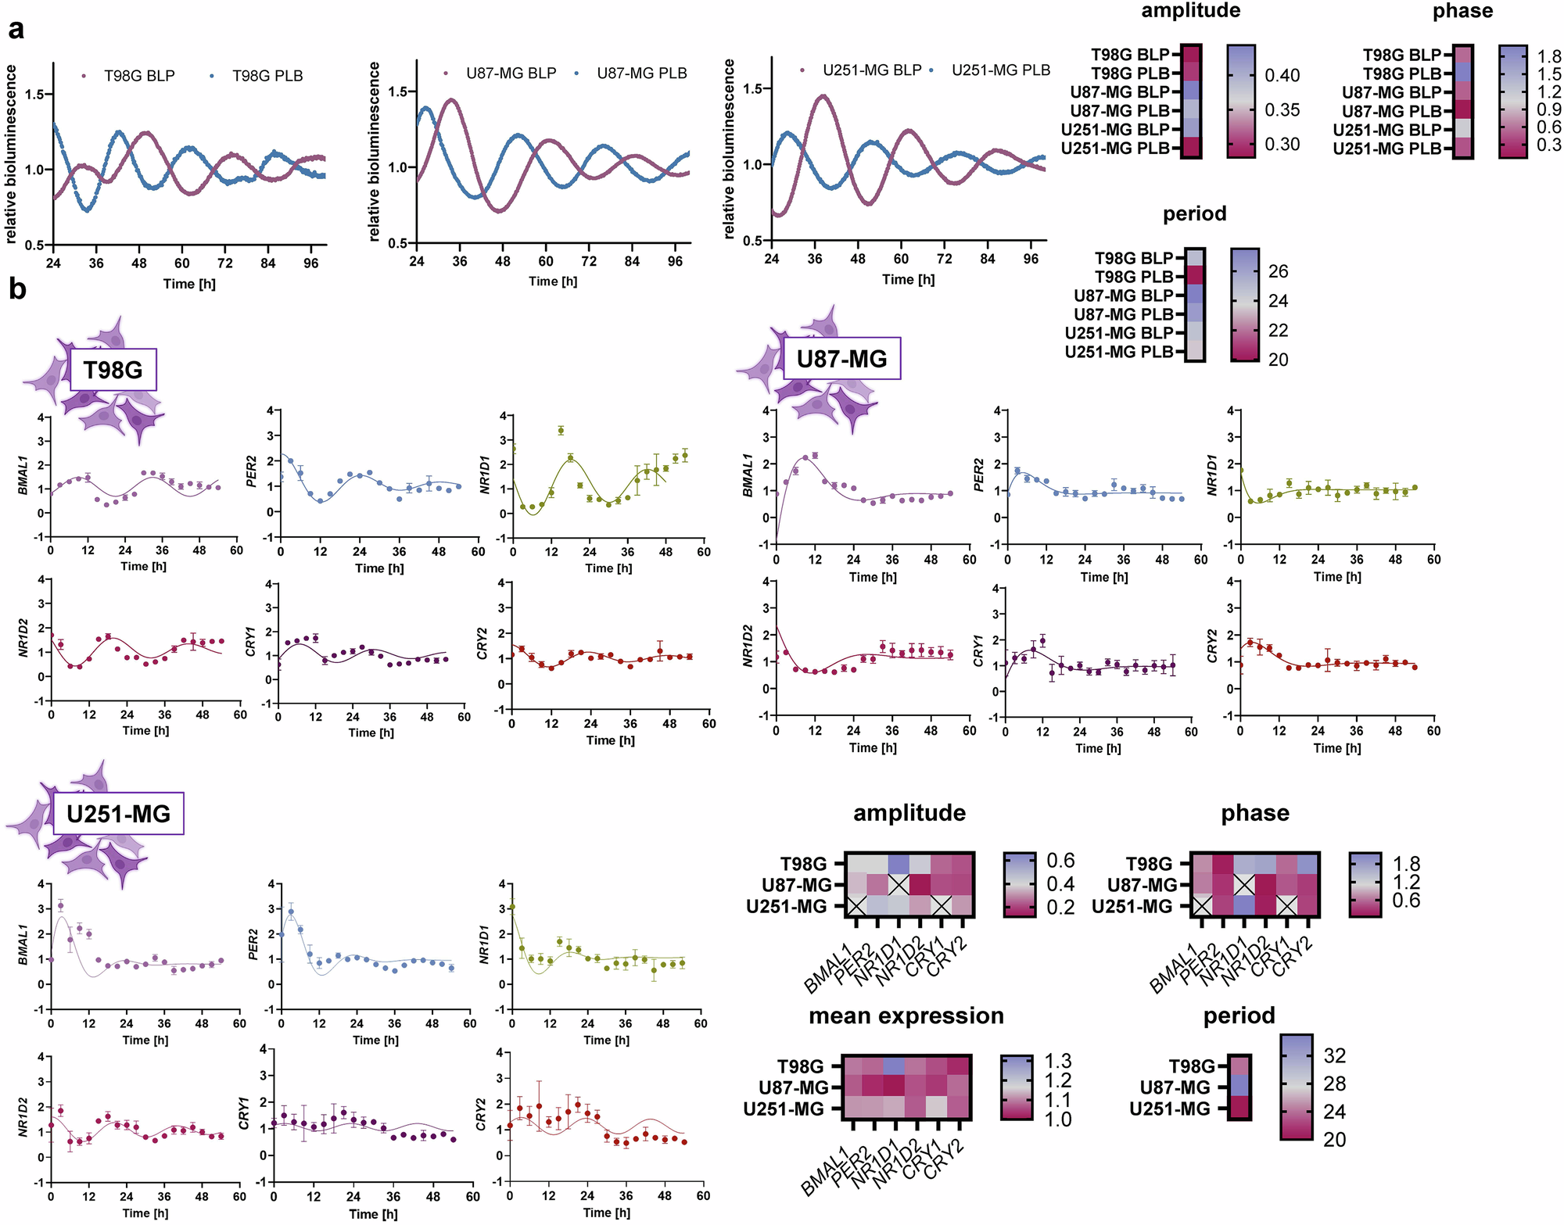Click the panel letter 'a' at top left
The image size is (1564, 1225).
[x=16, y=30]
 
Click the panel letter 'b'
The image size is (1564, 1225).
[x=17, y=289]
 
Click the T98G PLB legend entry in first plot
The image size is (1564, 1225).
[x=267, y=76]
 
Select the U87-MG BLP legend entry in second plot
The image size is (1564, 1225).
[x=510, y=73]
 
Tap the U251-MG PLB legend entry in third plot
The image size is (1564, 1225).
[x=1000, y=70]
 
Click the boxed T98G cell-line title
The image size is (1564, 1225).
[x=113, y=370]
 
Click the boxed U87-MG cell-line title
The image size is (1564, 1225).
[x=841, y=359]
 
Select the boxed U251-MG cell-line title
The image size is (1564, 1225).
[x=118, y=814]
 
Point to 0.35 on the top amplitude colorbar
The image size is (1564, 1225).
[x=1282, y=110]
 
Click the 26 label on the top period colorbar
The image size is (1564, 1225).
[x=1278, y=271]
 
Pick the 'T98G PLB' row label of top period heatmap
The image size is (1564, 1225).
[x=1134, y=277]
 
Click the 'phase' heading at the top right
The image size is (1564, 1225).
[x=1462, y=11]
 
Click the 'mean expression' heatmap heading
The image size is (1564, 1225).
[x=906, y=1015]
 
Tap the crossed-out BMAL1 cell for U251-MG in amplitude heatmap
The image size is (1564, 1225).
[x=856, y=906]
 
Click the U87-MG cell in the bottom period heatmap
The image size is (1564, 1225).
[x=1239, y=1087]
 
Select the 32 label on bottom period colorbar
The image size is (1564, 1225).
[x=1334, y=1056]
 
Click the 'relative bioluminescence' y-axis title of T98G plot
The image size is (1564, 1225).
[x=11, y=154]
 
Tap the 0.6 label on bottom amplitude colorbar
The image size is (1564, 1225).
[x=1060, y=861]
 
